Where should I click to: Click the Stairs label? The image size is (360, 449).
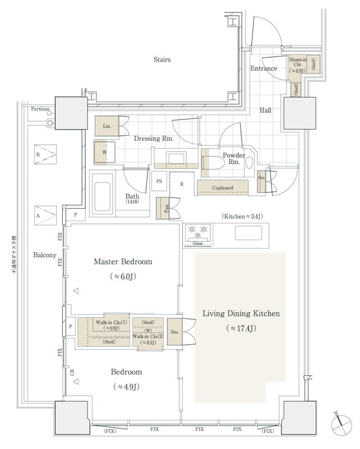click(x=162, y=59)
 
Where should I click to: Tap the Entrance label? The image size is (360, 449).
click(x=264, y=69)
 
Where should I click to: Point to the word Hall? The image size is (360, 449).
click(x=265, y=110)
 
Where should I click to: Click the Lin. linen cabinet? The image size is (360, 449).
click(x=107, y=127)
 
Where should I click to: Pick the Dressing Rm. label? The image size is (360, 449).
click(x=153, y=138)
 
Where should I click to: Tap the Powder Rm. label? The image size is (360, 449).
click(x=232, y=158)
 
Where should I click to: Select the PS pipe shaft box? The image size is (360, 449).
click(x=159, y=182)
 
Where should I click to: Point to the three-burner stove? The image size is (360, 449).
click(x=198, y=231)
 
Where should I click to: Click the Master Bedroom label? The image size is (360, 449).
click(x=123, y=262)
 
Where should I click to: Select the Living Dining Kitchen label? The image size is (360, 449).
click(x=241, y=314)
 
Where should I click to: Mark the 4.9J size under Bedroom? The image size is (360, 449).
click(x=126, y=387)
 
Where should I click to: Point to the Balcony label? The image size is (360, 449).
click(x=44, y=255)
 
